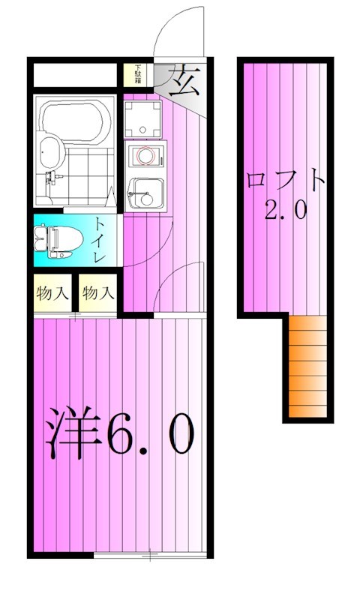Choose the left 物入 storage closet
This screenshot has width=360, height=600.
(x=52, y=293)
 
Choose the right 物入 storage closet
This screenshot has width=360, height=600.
(x=97, y=293)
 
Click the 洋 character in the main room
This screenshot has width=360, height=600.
(x=73, y=435)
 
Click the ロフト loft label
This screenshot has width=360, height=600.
(x=286, y=181)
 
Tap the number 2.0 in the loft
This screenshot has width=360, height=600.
(x=286, y=211)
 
